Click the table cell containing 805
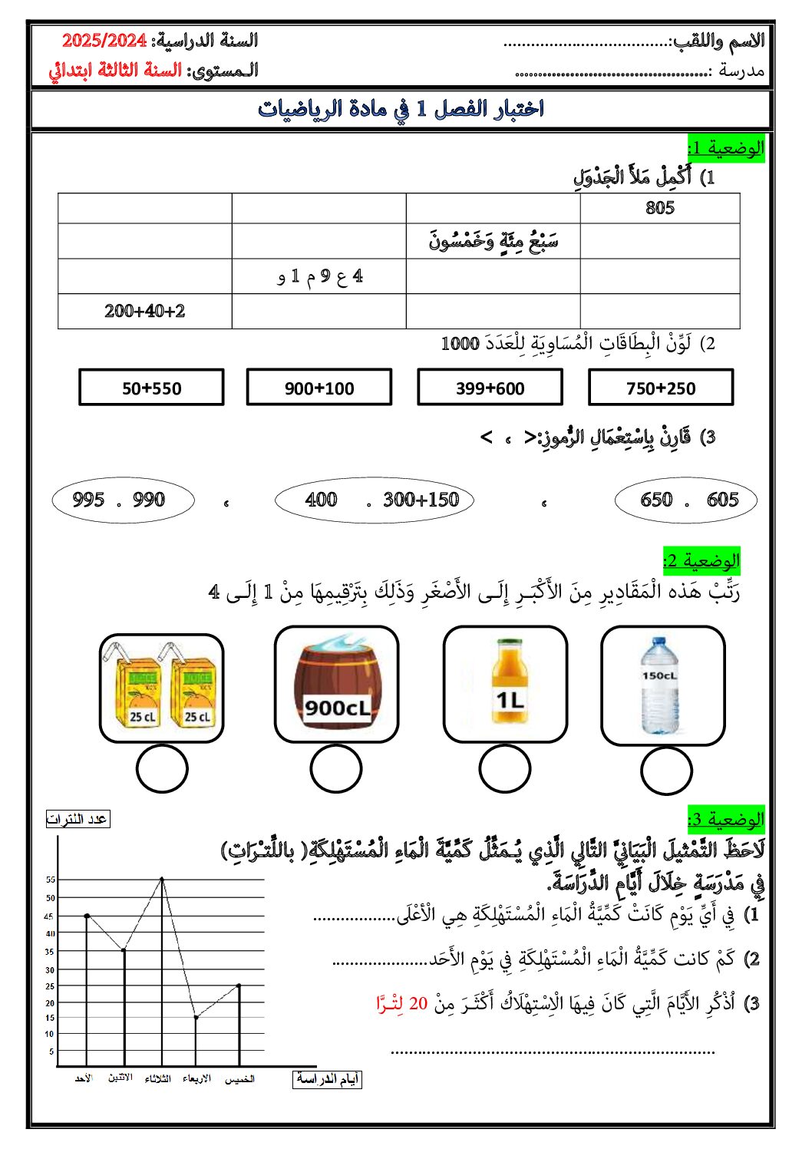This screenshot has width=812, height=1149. point(659,208)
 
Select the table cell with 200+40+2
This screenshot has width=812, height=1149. point(145,311)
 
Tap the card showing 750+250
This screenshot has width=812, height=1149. point(660,388)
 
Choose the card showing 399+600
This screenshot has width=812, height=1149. point(490,388)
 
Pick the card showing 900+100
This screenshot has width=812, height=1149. point(319,388)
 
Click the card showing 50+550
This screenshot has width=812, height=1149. point(151,388)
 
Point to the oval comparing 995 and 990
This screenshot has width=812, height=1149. point(123,500)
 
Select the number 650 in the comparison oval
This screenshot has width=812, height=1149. point(656,500)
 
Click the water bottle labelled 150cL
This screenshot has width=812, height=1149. point(660,685)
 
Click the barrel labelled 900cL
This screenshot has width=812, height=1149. point(336,683)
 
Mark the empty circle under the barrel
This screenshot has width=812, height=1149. point(336,768)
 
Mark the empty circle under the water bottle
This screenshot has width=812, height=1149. point(666,771)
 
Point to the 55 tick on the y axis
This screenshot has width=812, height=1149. point(51,880)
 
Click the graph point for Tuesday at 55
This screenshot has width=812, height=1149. point(162,878)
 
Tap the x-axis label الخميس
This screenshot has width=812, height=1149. point(239,1079)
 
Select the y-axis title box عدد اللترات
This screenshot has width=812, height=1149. point(78,819)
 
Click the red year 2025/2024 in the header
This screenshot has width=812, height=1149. point(104,41)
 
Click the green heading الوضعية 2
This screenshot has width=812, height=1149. point(701,560)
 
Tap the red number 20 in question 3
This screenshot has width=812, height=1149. point(418,1003)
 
